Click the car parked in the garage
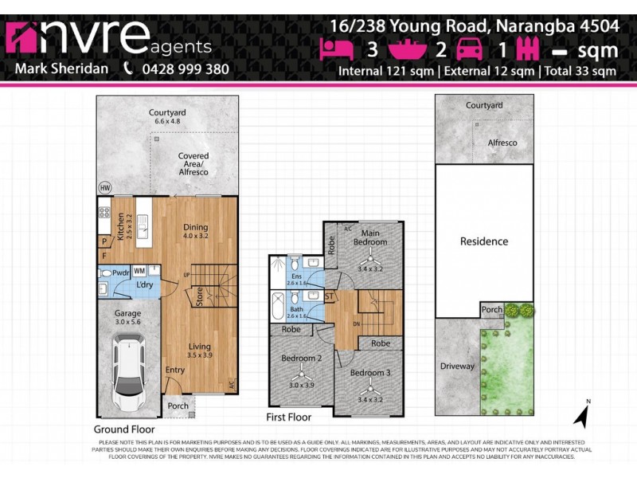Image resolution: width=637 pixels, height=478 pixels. [x=128, y=370]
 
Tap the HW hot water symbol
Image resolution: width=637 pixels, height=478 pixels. [x=104, y=188]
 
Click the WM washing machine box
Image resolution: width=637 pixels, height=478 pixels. [x=139, y=271]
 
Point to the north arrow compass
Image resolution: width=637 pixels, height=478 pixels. [x=582, y=414]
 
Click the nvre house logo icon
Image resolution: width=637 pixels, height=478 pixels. [x=25, y=37]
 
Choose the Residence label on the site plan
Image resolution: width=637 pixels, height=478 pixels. [x=483, y=241]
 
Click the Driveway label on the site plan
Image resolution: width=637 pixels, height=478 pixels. [x=457, y=366]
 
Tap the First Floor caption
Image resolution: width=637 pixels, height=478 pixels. [x=289, y=417]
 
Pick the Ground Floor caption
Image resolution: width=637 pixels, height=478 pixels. [x=123, y=429]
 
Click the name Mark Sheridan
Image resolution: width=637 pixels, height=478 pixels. [x=62, y=69]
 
